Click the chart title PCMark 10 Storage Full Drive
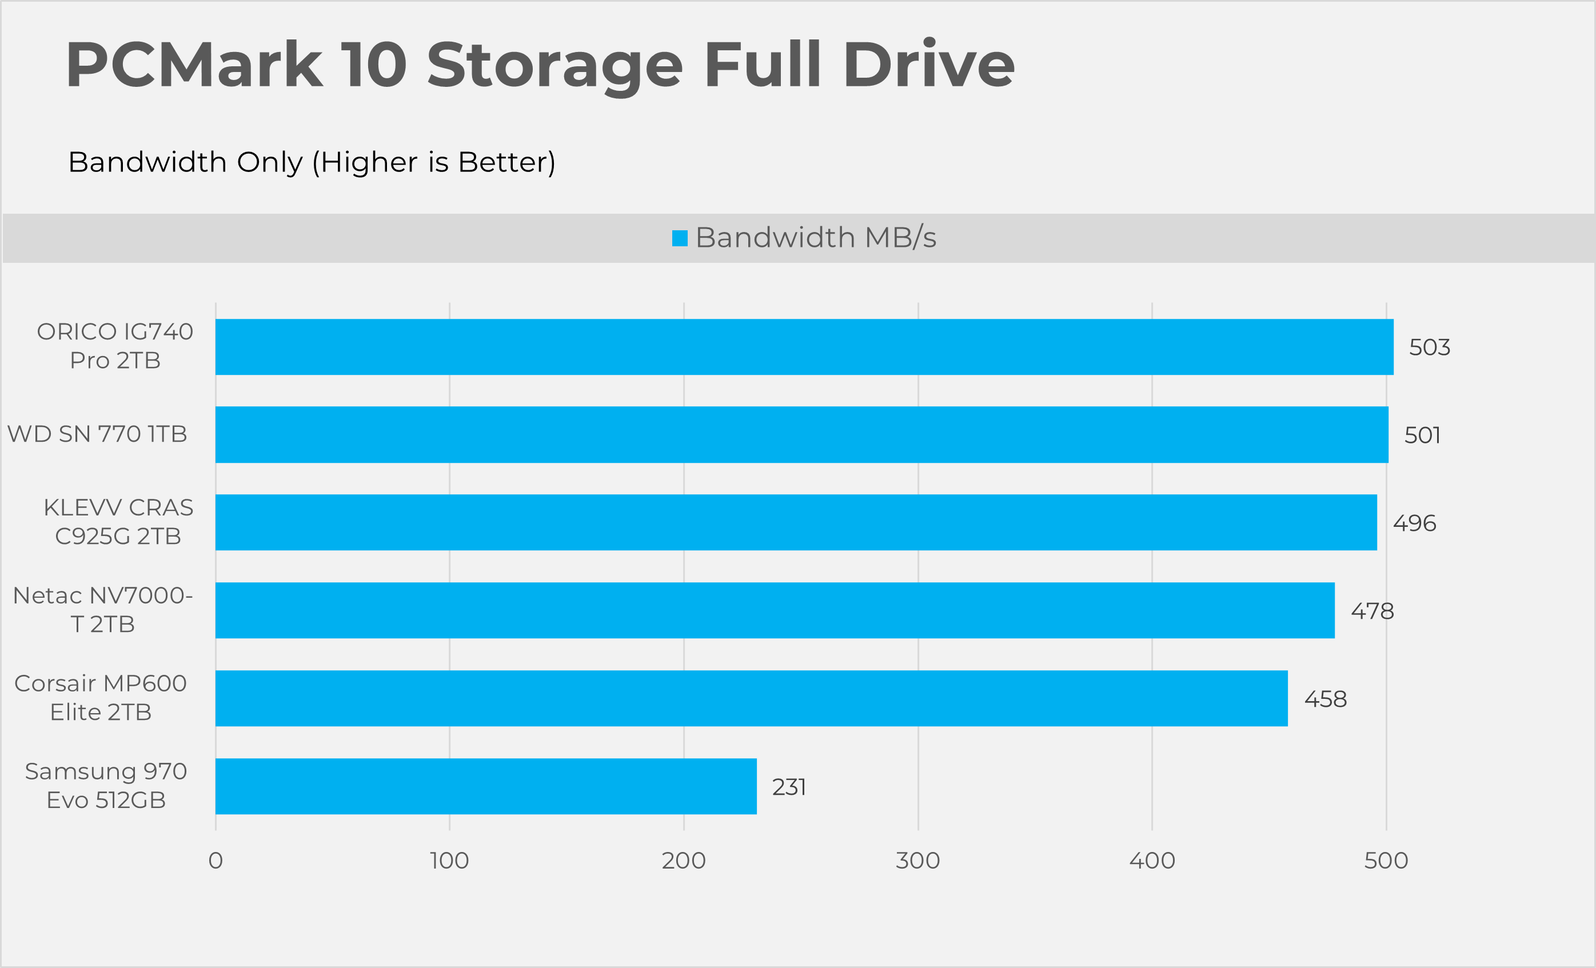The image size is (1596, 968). click(x=540, y=65)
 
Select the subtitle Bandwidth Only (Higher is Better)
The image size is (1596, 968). click(x=312, y=162)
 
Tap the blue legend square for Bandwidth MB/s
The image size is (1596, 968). click(x=680, y=238)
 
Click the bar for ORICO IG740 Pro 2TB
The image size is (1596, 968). click(x=804, y=347)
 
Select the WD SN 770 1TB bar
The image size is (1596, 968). click(x=801, y=434)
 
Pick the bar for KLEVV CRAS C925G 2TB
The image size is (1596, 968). click(x=796, y=522)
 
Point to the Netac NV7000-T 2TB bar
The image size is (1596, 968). click(x=775, y=611)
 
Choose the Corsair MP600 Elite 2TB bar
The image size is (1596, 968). click(x=751, y=699)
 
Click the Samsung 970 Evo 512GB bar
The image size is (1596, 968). click(x=486, y=786)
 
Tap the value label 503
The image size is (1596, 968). click(x=1430, y=347)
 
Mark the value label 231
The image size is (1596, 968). click(x=789, y=787)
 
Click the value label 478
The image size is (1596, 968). click(x=1372, y=611)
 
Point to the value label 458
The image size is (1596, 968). click(x=1325, y=699)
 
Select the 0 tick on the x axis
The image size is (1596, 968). click(x=216, y=861)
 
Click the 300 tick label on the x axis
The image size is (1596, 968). click(x=918, y=861)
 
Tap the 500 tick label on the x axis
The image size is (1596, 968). click(x=1386, y=861)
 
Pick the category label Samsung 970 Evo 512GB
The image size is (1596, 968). click(x=106, y=785)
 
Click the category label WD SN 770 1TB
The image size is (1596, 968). click(x=97, y=434)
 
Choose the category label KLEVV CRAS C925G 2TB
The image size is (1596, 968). click(x=118, y=522)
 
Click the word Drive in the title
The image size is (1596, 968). click(x=929, y=65)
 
